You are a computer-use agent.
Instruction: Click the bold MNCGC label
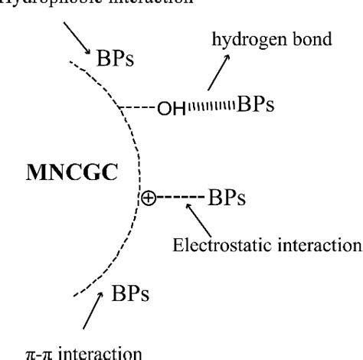[x=70, y=172]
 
